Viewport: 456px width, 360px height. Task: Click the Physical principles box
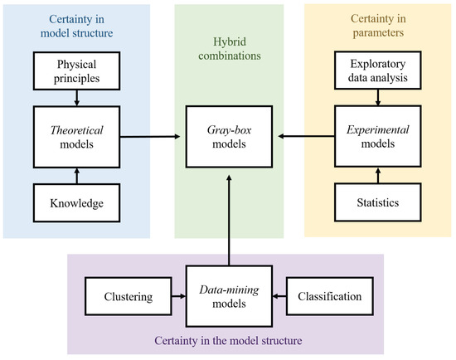point(76,71)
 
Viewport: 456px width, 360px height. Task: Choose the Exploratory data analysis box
point(379,71)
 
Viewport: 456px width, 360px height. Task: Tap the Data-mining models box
point(228,296)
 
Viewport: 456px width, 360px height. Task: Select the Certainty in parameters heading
point(379,27)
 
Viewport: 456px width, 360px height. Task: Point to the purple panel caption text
point(228,341)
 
